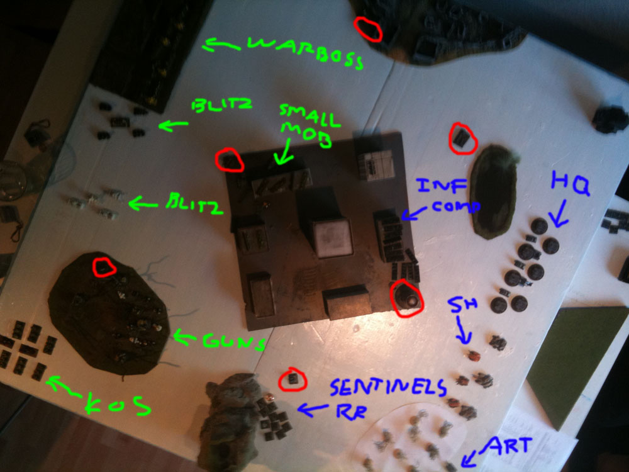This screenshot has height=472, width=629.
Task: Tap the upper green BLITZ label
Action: [x=222, y=105]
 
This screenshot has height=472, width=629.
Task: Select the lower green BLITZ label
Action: [x=194, y=203]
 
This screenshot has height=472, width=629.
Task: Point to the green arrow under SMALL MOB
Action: [x=284, y=152]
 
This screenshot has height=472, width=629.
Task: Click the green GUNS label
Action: [x=234, y=342]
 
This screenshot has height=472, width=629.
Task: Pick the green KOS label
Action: [x=118, y=405]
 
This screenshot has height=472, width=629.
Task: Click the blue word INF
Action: [x=442, y=186]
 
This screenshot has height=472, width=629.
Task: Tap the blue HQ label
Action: [x=570, y=183]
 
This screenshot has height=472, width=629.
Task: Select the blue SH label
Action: [x=462, y=305]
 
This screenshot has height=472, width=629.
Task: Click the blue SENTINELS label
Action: [x=388, y=387]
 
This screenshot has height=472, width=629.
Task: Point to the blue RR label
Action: [x=350, y=412]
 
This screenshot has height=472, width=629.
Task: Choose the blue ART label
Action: [x=508, y=446]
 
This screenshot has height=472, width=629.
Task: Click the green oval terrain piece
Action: [x=494, y=191]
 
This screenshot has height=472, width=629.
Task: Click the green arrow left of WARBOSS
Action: [x=221, y=45]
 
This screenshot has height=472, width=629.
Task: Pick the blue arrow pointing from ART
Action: [x=471, y=458]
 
